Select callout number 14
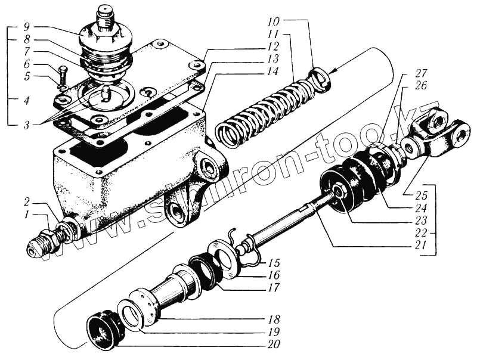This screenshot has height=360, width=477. click(x=273, y=71)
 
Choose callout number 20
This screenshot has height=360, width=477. click(x=274, y=344)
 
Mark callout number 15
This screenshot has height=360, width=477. click(x=274, y=263)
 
